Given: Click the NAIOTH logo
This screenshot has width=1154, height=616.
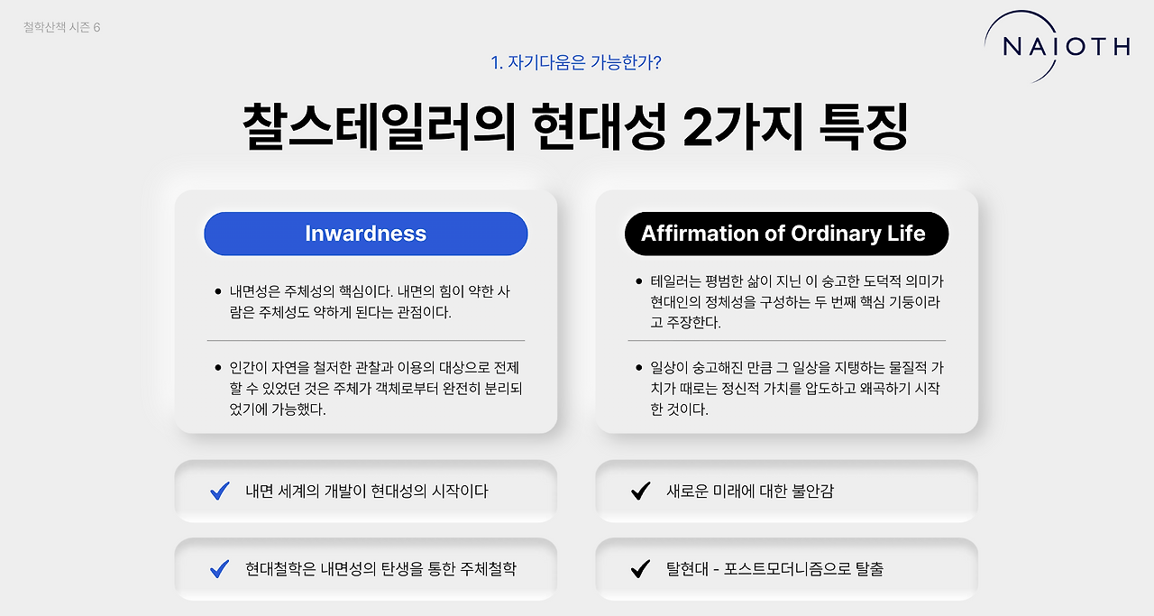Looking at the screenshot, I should (1065, 46).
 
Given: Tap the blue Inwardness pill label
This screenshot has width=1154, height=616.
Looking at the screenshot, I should (365, 234).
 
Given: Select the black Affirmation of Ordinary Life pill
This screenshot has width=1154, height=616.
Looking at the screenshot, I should (785, 234).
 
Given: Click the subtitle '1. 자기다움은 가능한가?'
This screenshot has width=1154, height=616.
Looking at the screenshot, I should (577, 62).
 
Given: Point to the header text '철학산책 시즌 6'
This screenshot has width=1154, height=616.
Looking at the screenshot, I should (62, 27).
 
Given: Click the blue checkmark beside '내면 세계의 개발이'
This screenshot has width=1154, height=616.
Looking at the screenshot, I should (219, 491).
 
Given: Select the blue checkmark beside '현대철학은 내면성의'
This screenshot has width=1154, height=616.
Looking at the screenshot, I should (219, 568).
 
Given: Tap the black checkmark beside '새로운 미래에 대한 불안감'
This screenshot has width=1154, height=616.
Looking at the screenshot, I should (640, 491).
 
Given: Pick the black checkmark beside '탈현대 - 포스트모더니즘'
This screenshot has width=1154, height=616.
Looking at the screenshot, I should (640, 568).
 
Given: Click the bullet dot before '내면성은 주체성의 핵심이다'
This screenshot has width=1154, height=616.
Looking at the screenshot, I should (218, 291).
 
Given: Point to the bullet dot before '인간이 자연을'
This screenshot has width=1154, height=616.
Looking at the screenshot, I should (218, 368).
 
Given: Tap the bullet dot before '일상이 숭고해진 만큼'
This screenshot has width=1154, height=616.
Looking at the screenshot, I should (639, 368).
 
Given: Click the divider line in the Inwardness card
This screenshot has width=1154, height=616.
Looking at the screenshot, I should (365, 340).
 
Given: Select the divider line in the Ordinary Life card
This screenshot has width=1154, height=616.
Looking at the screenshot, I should (786, 340).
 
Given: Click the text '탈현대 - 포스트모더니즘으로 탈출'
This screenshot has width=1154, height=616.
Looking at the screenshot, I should (774, 568).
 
